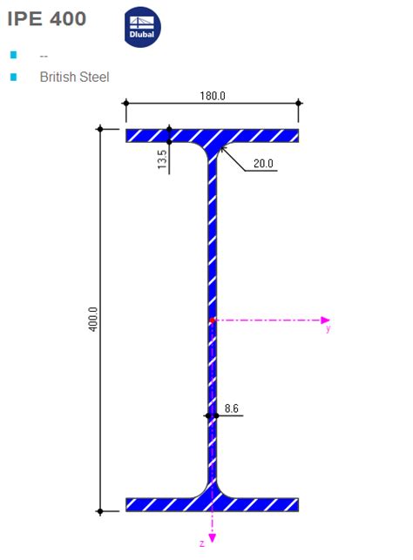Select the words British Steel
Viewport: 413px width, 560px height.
(x=74, y=77)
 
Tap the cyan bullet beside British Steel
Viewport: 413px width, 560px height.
(x=14, y=77)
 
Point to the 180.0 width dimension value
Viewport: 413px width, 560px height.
(x=213, y=96)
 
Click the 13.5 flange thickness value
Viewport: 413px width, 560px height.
(x=162, y=159)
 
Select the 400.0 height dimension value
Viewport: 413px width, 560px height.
(x=93, y=320)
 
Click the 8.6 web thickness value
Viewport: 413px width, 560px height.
(x=232, y=408)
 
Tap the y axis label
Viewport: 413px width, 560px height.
(x=328, y=330)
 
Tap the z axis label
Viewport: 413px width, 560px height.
(x=201, y=543)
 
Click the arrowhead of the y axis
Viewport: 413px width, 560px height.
(x=327, y=320)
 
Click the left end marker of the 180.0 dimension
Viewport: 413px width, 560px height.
(x=126, y=104)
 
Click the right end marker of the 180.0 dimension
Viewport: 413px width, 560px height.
(x=299, y=104)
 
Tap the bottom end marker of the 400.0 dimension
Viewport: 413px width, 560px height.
(x=100, y=510)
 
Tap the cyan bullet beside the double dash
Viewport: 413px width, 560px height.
(x=14, y=55)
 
